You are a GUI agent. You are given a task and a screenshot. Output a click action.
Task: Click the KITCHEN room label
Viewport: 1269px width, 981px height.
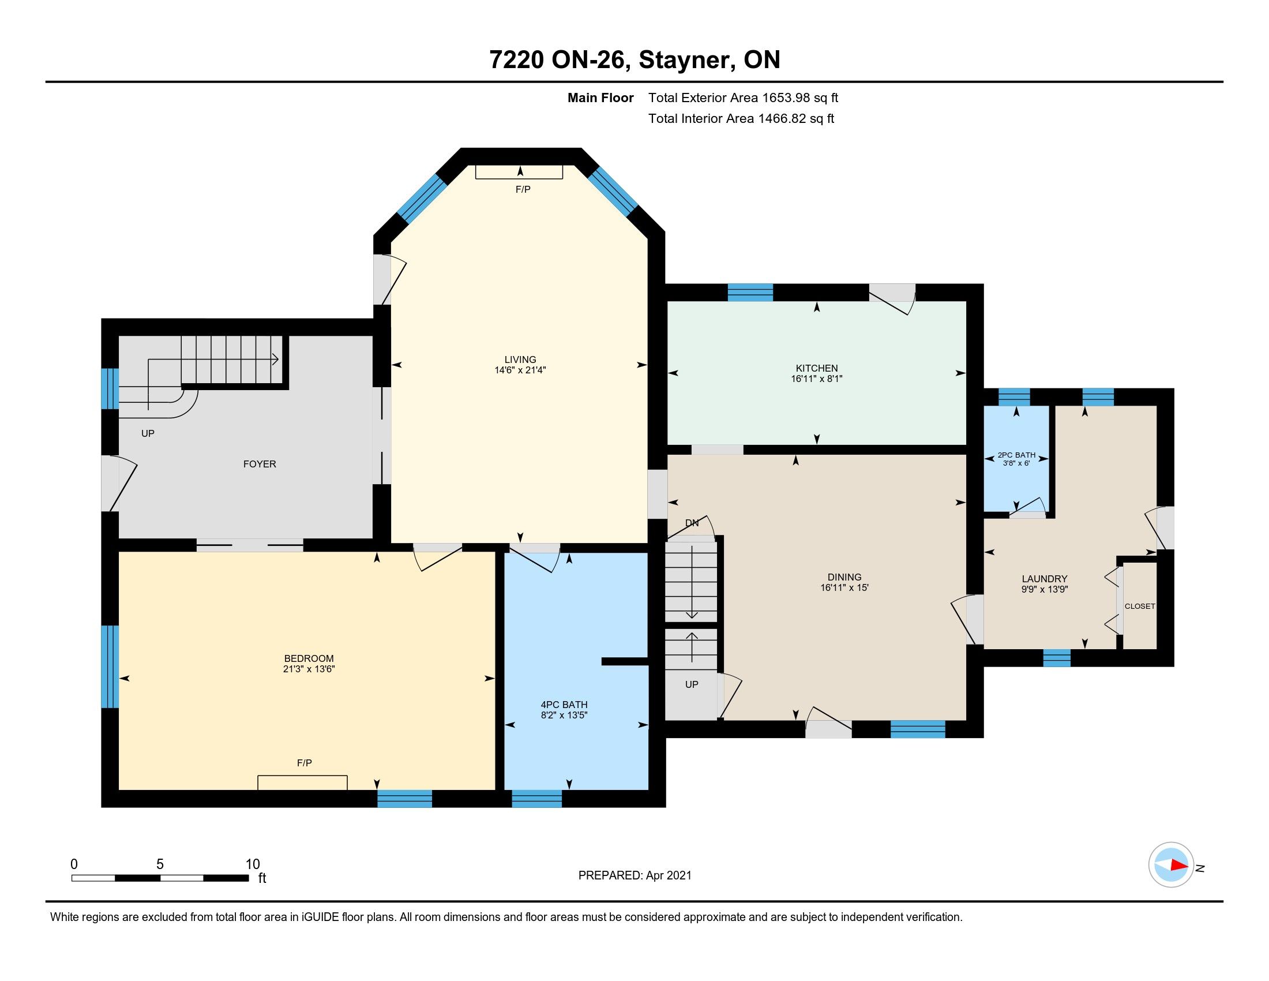[x=816, y=368]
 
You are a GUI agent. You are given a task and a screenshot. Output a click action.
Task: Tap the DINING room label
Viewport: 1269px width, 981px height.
[x=844, y=577]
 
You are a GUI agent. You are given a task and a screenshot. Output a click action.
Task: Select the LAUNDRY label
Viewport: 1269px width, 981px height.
[x=1045, y=579]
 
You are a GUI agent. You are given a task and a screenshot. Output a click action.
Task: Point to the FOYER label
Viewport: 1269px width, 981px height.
[x=260, y=464]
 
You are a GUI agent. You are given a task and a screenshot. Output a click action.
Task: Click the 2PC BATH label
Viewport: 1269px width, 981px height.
[x=1016, y=455]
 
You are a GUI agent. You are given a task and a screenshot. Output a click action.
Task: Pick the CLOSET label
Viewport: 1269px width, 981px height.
[x=1140, y=606]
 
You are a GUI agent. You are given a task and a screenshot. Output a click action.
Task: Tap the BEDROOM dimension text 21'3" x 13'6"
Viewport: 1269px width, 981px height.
[x=309, y=669]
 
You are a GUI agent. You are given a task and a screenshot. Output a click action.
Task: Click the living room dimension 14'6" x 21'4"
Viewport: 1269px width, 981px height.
[x=520, y=370]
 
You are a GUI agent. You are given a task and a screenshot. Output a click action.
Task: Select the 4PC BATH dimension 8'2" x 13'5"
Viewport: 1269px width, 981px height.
[x=564, y=716]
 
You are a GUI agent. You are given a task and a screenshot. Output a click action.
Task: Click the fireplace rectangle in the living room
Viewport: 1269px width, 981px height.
[x=520, y=172]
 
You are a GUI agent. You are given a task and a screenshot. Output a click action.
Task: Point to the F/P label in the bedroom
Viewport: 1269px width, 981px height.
[x=305, y=763]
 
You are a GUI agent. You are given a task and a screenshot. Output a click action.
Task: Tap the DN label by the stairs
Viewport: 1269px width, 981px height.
[x=692, y=523]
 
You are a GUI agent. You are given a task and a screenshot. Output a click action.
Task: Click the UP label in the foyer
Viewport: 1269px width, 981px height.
[x=148, y=433]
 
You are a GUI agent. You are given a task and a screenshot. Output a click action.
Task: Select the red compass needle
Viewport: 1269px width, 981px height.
[x=1179, y=864]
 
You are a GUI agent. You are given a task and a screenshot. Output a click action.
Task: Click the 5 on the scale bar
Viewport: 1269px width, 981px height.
[x=160, y=864]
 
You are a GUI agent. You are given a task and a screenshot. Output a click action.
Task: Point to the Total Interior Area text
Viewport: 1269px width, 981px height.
[x=741, y=118]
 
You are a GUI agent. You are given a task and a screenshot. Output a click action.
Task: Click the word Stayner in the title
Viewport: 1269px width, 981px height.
[x=684, y=61]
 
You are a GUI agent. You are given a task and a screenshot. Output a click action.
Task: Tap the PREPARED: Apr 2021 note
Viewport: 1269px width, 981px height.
[x=634, y=875]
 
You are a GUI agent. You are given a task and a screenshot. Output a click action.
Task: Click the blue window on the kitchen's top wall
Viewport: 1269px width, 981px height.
[x=750, y=293]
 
